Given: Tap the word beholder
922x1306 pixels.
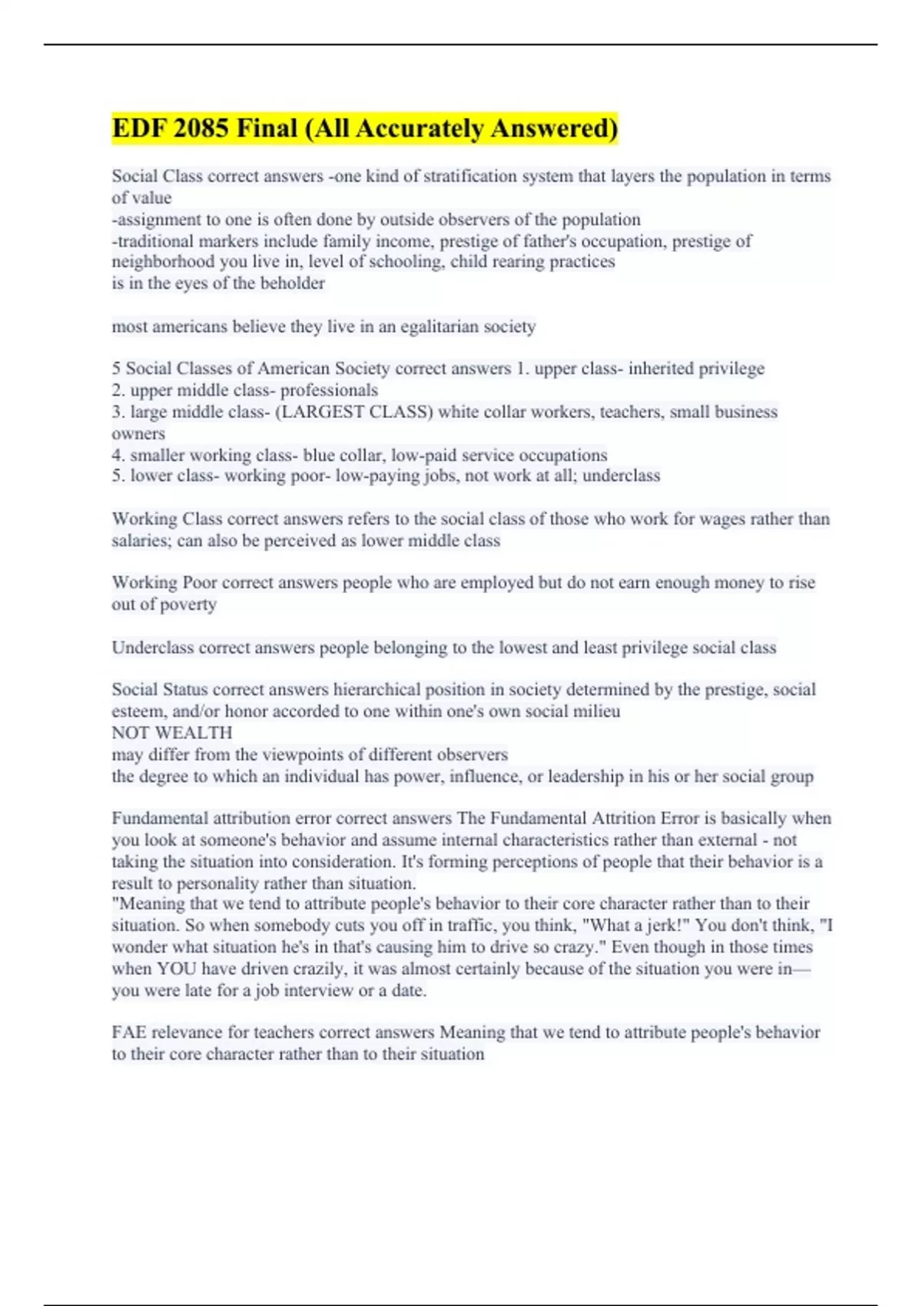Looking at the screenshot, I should pyautogui.click(x=292, y=283).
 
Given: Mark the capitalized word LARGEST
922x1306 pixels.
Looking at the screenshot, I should pyautogui.click(x=321, y=412).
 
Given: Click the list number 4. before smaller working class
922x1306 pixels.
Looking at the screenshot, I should pyautogui.click(x=118, y=455).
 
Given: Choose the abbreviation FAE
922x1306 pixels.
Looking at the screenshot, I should pyautogui.click(x=128, y=1033).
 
